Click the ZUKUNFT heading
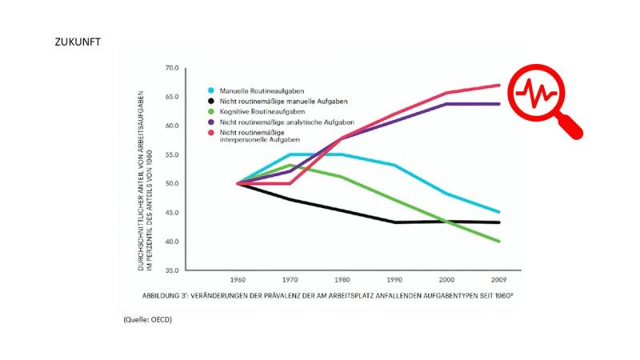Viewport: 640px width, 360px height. point(78,41)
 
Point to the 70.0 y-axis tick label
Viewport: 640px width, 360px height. point(170,68)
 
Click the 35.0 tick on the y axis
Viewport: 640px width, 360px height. point(170,270)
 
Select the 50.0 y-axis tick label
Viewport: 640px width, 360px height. point(170,184)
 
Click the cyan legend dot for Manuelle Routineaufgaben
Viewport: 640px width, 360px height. point(210,90)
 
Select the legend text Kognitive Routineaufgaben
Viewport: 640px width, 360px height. point(256,112)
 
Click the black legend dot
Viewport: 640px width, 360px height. point(210,102)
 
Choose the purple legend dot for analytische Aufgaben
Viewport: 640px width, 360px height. point(210,123)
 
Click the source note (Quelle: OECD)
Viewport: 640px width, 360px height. point(148,320)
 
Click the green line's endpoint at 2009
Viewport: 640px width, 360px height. point(499,241)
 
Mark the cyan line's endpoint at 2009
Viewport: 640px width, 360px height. point(499,212)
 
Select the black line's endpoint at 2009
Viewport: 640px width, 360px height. point(499,222)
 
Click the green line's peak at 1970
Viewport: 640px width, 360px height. point(290,166)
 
